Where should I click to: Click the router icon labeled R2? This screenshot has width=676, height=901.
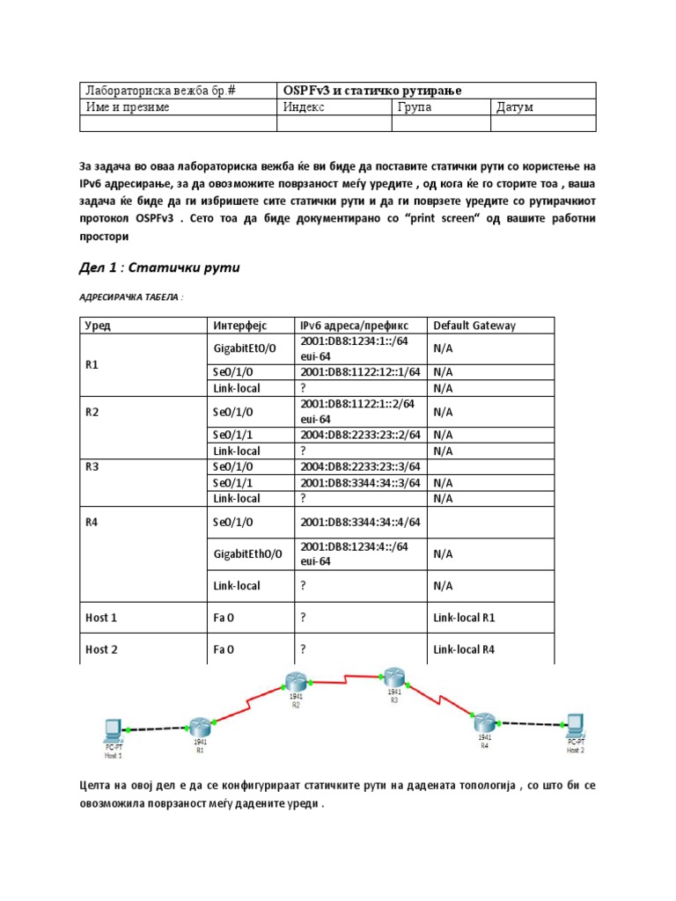click(295, 680)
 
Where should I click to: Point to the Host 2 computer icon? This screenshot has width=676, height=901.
click(575, 724)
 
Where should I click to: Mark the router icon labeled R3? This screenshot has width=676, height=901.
click(393, 677)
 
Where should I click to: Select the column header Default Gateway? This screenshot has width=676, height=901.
click(474, 326)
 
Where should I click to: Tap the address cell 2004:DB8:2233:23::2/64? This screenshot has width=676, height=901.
click(360, 435)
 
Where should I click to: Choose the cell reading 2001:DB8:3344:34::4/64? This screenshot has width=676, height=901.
click(360, 522)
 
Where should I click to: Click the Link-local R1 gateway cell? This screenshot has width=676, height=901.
click(464, 618)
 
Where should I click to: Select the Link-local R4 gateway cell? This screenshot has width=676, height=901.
click(464, 649)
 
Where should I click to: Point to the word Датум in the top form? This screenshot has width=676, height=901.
click(515, 107)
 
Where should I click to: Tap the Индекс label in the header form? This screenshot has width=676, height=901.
click(304, 107)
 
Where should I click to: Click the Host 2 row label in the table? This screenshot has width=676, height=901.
click(101, 649)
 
